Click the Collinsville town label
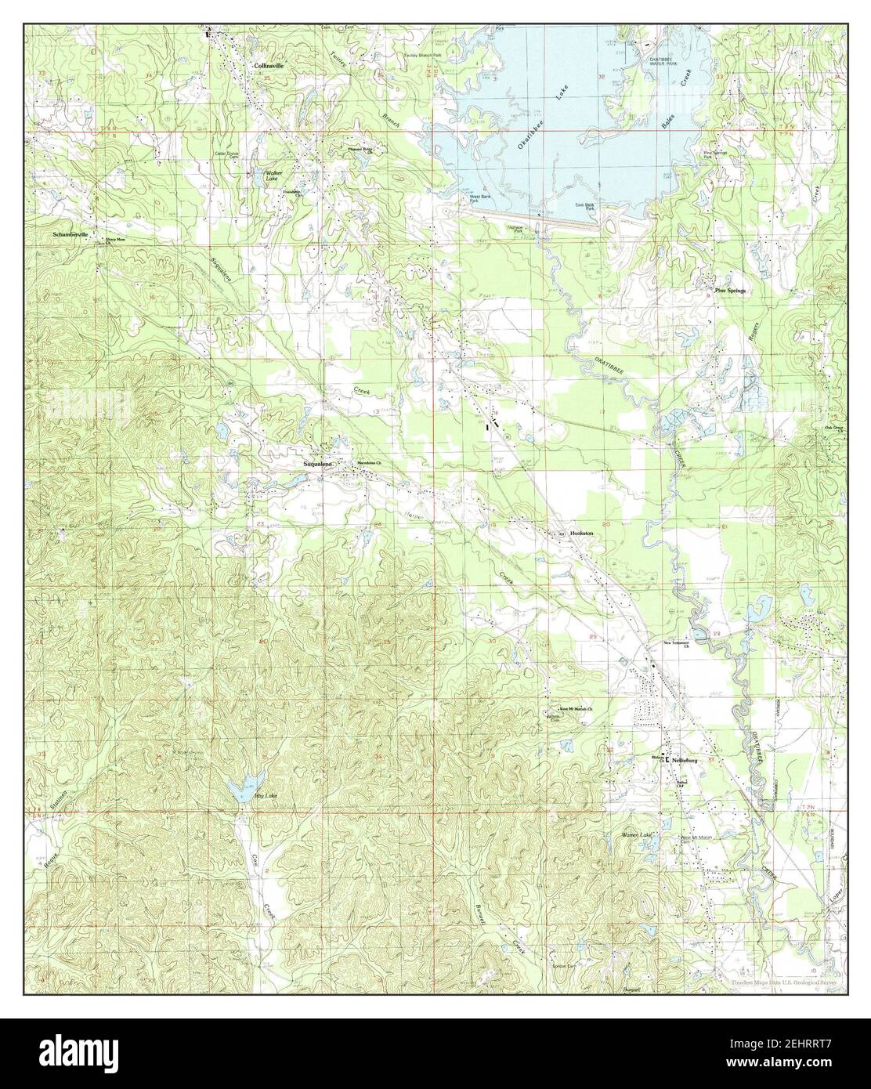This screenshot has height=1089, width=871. point(269,67)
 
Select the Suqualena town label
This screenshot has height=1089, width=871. point(319,465)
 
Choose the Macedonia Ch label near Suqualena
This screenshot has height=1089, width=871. point(369,465)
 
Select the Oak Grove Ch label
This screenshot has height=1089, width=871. point(834,429)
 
